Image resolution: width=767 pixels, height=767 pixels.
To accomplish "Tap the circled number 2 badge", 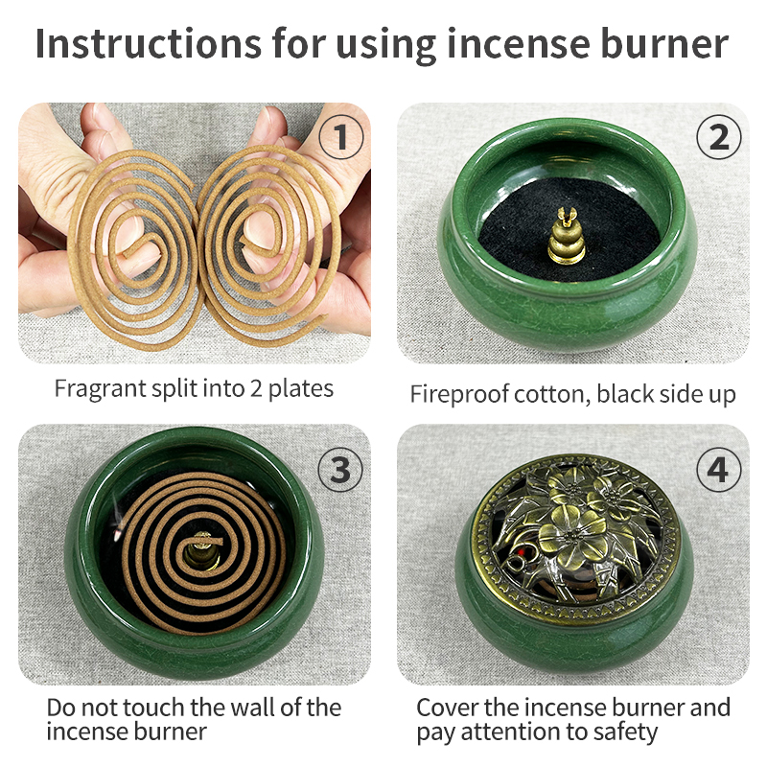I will tap(718, 138).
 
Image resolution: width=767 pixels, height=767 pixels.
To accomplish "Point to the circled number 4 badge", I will tap(718, 469).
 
